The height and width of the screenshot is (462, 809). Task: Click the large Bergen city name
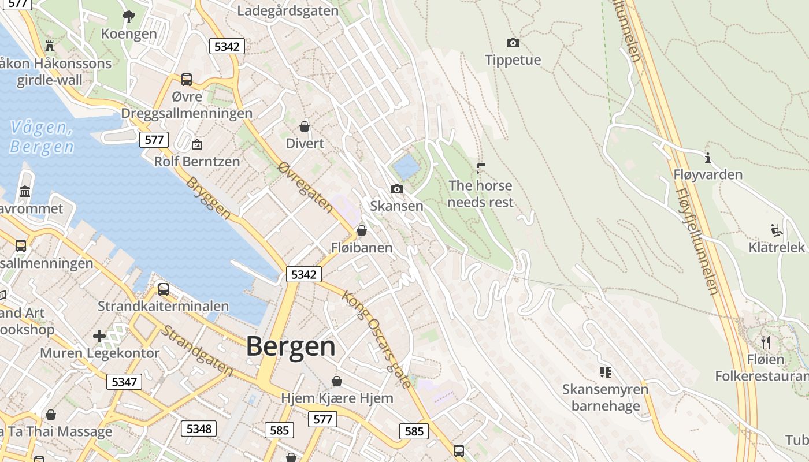point(291,346)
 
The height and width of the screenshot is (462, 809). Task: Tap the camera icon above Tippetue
point(513,43)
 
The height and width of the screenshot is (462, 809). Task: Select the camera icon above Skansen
point(396,189)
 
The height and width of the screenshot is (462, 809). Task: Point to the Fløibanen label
point(362,248)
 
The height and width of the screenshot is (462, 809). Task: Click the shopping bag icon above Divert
point(305,126)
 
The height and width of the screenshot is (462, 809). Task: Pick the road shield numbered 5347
point(124,382)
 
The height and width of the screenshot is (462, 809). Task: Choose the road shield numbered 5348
point(199,429)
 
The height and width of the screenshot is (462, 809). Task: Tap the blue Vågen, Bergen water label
point(42,137)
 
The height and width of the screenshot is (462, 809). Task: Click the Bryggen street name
point(209,198)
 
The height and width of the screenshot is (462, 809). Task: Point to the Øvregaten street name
point(305,186)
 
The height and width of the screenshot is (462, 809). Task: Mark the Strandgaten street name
point(196,351)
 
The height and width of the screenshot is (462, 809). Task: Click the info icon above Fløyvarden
point(707,157)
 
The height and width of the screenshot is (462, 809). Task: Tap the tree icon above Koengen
point(128,17)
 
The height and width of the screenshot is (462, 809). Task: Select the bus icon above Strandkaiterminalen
point(164,289)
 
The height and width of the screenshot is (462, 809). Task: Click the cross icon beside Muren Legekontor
point(99,336)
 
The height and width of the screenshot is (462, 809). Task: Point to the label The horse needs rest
point(480,193)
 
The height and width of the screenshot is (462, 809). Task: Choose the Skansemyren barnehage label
point(605,397)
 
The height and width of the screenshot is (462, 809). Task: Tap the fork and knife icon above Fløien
point(766,342)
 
